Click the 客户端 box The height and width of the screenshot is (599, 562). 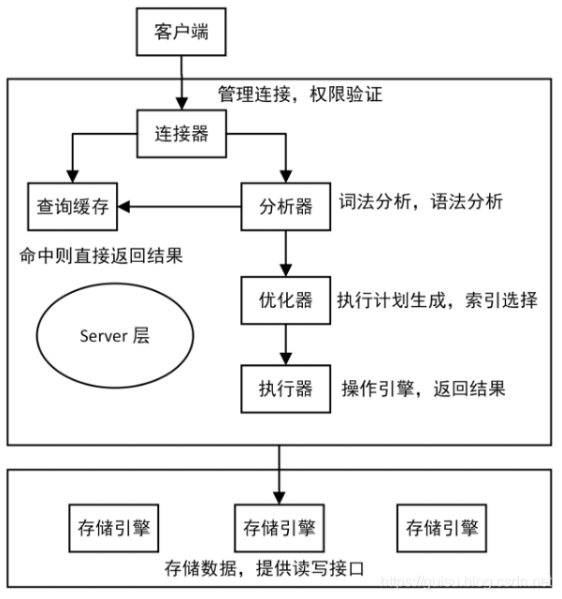[x=180, y=34]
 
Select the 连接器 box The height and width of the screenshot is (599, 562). [x=180, y=134]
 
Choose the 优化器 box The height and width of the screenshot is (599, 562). [x=286, y=300]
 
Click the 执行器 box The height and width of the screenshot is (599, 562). [x=286, y=388]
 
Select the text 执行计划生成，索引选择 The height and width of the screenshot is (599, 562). [x=437, y=300]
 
